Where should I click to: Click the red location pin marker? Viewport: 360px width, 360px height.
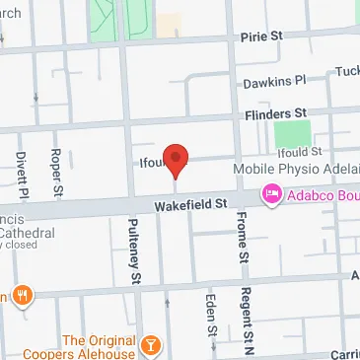point(176,158)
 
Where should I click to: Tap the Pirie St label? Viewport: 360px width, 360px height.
point(262,36)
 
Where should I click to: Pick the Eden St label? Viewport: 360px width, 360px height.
point(209,314)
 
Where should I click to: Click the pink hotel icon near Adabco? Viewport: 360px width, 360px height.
point(270,195)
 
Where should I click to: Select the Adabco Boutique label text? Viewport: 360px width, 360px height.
point(321,195)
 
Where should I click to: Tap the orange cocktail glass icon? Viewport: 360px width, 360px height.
point(151,344)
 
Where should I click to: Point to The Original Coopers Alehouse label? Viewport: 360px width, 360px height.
point(98,348)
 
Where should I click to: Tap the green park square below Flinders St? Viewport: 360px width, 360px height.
point(291,133)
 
